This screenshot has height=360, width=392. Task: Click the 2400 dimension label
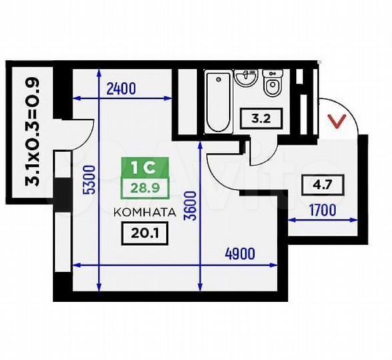tap(120, 88)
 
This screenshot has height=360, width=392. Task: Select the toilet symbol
tap(272, 85)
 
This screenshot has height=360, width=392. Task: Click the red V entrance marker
tap(339, 121)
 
